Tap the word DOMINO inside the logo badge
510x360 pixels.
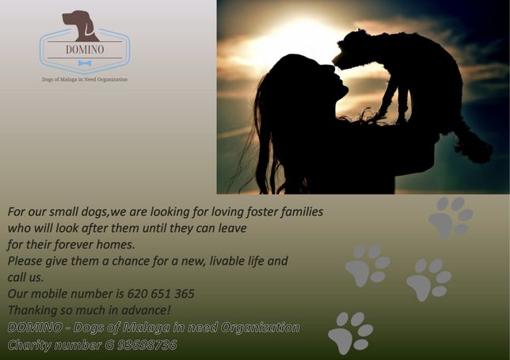[x=85, y=50]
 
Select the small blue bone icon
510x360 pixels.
[x=85, y=63]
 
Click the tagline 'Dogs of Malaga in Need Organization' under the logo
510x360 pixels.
[x=85, y=79]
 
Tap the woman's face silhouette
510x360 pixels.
[x=335, y=81]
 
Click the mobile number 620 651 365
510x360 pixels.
[x=161, y=294]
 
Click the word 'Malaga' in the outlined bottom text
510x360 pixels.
[x=146, y=328]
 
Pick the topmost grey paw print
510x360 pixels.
[x=451, y=218]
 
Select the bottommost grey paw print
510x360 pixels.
[x=351, y=333]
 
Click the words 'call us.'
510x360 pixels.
[x=25, y=277]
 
